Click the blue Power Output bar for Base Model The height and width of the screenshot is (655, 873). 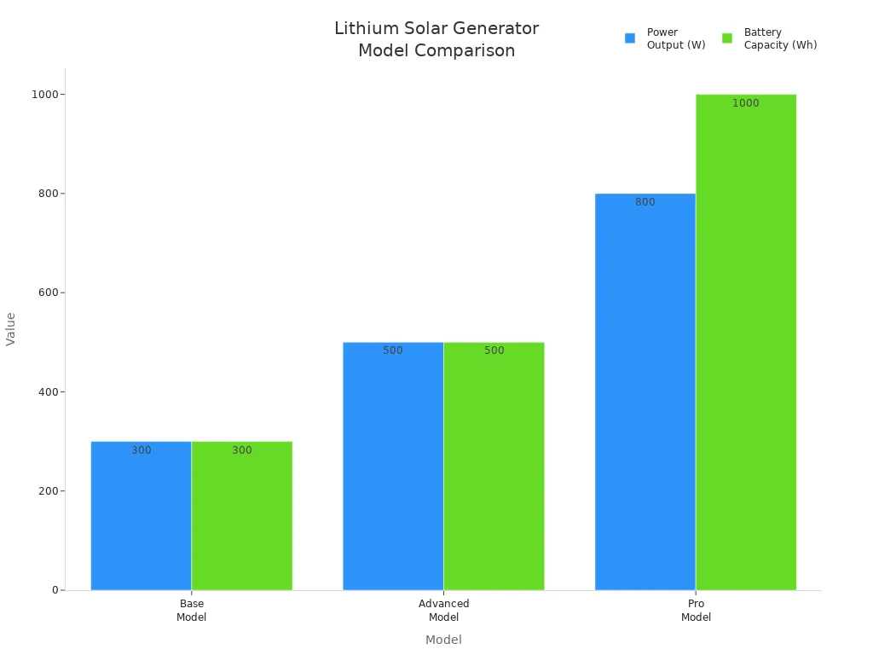(141, 516)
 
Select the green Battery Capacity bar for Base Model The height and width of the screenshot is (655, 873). (242, 516)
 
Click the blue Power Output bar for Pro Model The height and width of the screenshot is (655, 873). (645, 392)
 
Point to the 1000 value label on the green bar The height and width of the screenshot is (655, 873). (745, 103)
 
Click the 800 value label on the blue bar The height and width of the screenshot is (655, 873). (645, 202)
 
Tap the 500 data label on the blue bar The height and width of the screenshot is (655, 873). (393, 351)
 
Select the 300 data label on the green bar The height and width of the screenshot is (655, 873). (242, 450)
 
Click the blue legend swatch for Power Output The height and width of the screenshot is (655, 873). (630, 38)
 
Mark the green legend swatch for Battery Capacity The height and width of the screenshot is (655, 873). (727, 38)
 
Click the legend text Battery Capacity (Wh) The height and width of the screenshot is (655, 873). (780, 38)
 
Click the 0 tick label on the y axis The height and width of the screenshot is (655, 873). (54, 590)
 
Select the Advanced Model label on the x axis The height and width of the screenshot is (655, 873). (443, 610)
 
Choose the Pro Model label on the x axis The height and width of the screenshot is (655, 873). (696, 610)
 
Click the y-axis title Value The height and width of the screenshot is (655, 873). (11, 328)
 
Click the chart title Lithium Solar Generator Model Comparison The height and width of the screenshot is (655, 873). (436, 39)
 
